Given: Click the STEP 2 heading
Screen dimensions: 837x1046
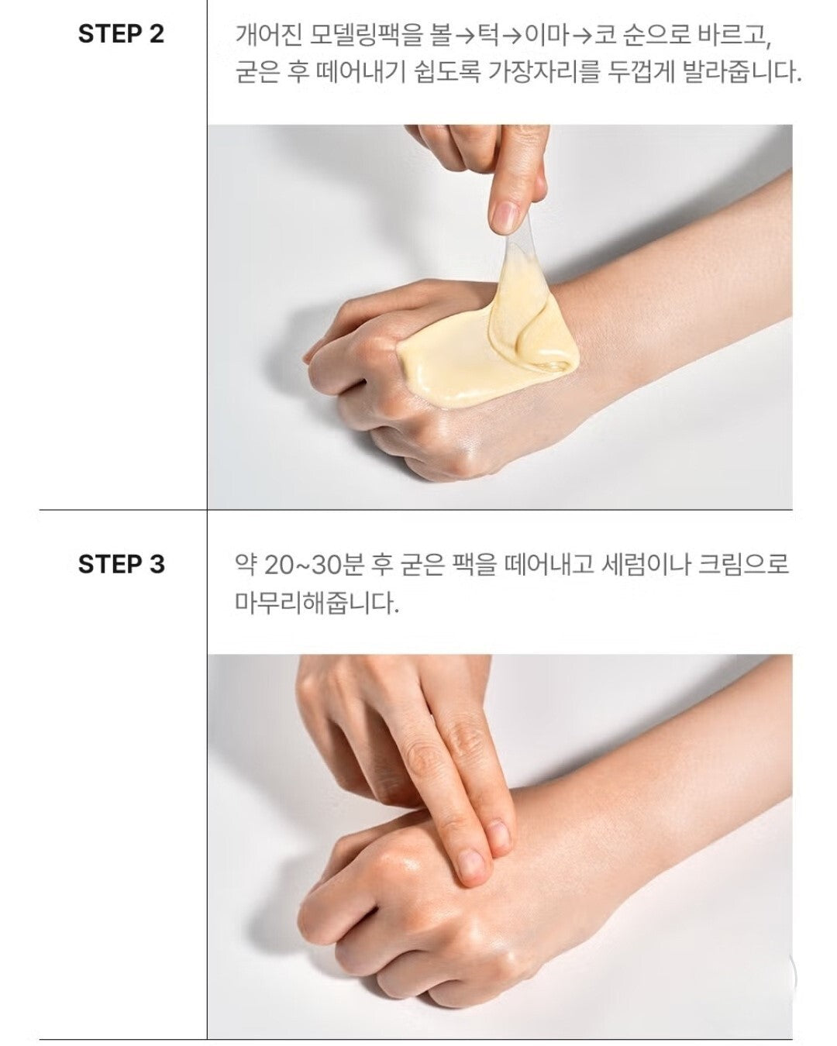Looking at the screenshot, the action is pyautogui.click(x=121, y=34).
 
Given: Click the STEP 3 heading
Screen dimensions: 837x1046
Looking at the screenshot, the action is pyautogui.click(x=121, y=564).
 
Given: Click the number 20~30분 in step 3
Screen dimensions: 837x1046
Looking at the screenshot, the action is pyautogui.click(x=313, y=565).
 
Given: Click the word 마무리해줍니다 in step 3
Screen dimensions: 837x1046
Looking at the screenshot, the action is pyautogui.click(x=317, y=602).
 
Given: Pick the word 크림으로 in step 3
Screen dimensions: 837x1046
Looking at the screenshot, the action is pyautogui.click(x=742, y=565).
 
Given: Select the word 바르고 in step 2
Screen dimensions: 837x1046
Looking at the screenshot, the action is pyautogui.click(x=735, y=36).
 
